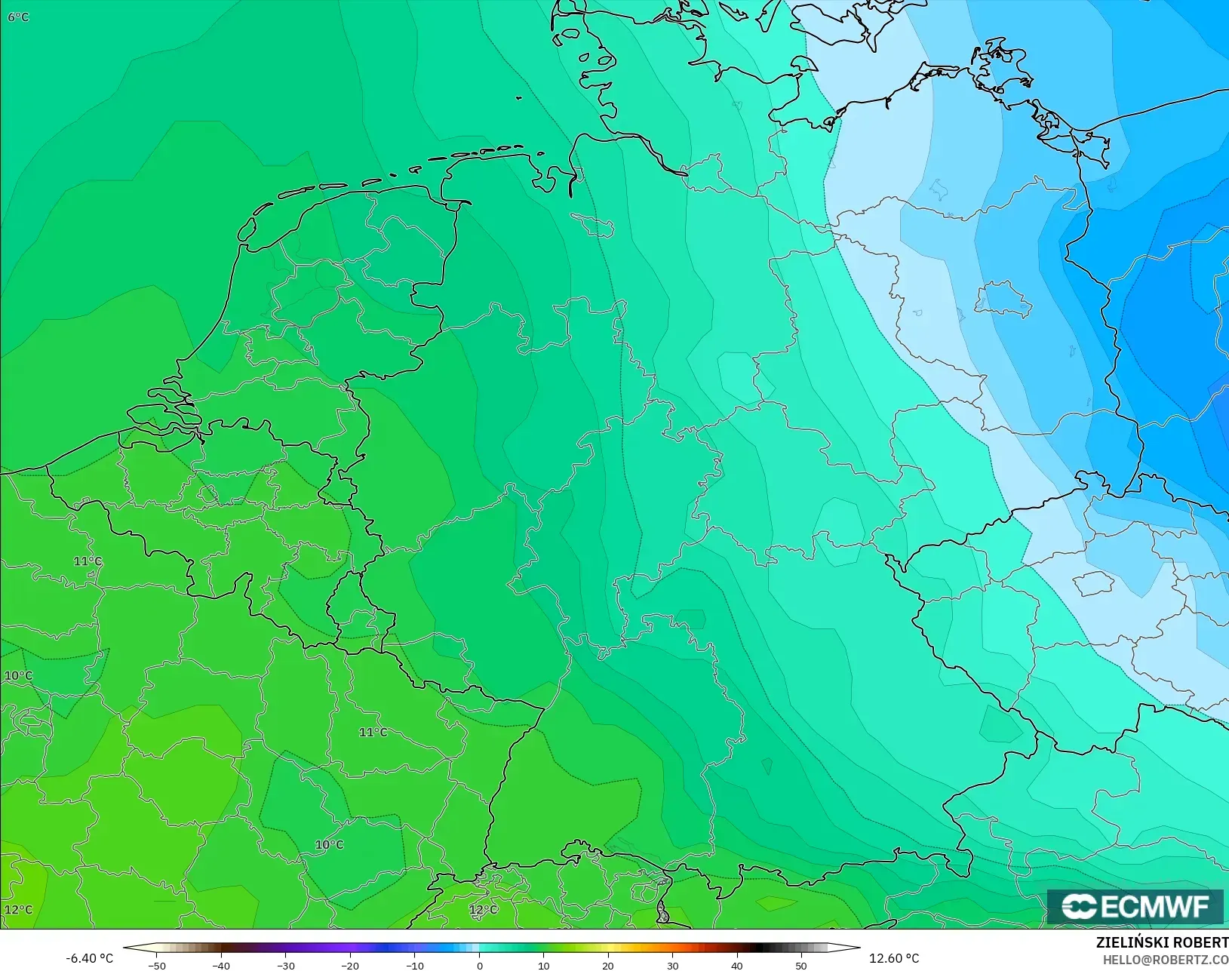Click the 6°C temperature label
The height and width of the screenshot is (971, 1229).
[x=18, y=17]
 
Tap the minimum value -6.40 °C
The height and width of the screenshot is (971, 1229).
[x=89, y=958]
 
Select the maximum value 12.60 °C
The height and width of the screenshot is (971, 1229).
[x=894, y=958]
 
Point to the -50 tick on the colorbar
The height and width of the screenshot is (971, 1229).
[x=157, y=965]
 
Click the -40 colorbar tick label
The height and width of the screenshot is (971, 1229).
[x=221, y=965]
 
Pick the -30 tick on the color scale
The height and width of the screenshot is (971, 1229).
[x=286, y=965]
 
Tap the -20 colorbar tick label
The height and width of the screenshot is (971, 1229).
[x=350, y=965]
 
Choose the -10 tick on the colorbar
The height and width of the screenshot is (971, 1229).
[x=415, y=965]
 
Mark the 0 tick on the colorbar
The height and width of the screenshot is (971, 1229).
[x=480, y=965]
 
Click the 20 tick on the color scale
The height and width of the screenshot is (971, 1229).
[x=608, y=965]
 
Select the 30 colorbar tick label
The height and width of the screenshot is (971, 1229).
[x=673, y=965]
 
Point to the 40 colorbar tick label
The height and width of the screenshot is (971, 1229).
[x=737, y=965]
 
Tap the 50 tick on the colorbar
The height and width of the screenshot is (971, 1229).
[x=801, y=965]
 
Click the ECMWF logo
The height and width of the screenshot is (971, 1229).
[x=1135, y=906]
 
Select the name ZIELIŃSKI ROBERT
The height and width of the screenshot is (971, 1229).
[x=1162, y=943]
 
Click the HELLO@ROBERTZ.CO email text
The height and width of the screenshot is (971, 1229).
[x=1166, y=960]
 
